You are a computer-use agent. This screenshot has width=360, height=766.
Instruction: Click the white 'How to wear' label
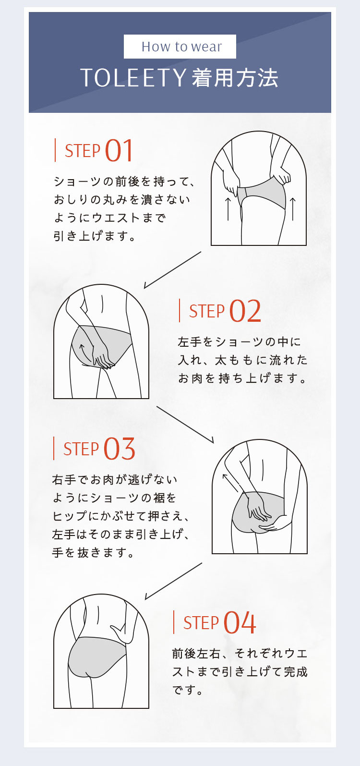pos(180,47)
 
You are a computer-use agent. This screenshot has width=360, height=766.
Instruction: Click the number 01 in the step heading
pos(119,150)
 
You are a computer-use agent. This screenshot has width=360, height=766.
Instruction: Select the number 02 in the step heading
pos(245,311)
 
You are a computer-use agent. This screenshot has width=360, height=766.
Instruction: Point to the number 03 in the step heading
pos(120,449)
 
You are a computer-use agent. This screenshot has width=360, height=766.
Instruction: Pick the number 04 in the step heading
pos(240,622)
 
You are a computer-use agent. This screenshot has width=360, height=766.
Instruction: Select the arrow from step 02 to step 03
pos(185,425)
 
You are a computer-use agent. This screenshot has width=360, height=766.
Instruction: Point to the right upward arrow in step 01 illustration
pos(293,208)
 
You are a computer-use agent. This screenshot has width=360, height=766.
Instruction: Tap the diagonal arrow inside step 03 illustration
pos(230,483)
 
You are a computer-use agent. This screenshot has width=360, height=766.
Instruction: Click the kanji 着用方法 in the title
pos(235,78)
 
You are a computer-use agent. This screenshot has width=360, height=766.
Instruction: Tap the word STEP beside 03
pos(81,449)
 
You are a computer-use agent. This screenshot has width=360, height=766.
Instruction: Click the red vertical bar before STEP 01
pos(55,150)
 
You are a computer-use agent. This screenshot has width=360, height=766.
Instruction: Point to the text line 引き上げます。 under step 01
pos(95,236)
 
